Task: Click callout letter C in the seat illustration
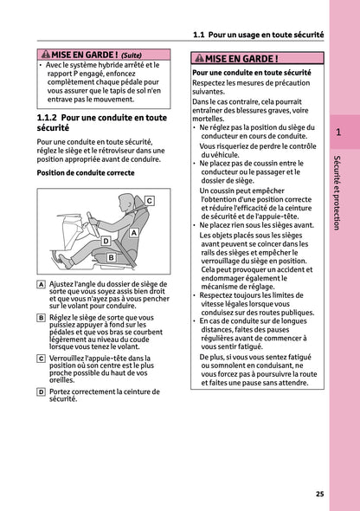point(149,200)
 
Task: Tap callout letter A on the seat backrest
point(134,234)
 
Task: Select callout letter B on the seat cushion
point(112,257)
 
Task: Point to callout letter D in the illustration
point(106,241)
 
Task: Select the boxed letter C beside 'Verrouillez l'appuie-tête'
point(42,357)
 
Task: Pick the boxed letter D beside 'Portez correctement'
point(42,391)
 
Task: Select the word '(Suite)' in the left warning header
point(132,53)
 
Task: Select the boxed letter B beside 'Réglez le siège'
point(42,318)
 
